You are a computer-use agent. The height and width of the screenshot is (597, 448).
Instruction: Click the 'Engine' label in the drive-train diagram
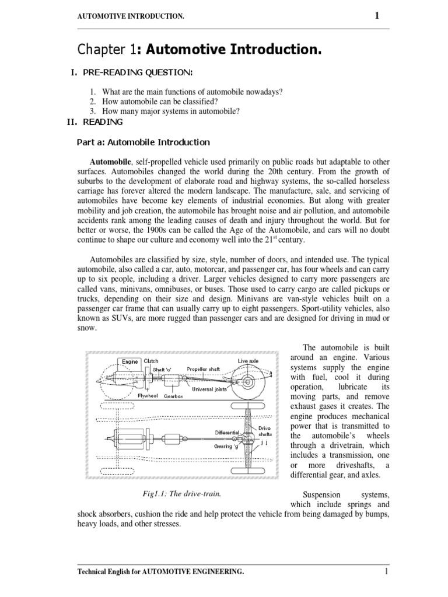pos(130,361)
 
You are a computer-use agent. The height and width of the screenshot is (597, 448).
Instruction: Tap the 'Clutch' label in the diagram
pos(151,361)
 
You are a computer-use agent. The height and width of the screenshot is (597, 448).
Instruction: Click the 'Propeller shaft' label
pos(204,368)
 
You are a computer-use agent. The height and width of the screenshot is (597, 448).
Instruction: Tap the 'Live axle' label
pos(248,361)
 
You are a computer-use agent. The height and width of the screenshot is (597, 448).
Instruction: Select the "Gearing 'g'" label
pos(226,445)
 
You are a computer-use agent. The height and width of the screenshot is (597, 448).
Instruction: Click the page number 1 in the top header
pos(377,16)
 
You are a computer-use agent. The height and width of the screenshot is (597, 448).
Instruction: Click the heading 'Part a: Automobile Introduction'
pos(143,142)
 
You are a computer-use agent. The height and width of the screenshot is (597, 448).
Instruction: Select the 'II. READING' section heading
pos(96,122)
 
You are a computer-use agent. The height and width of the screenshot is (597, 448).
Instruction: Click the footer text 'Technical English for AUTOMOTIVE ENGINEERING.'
pos(161,572)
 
